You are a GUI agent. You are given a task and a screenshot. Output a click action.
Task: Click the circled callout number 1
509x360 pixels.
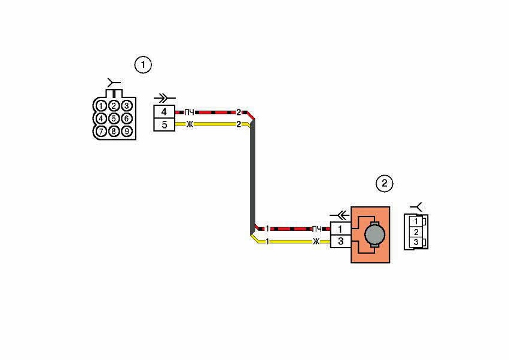pos(143,65)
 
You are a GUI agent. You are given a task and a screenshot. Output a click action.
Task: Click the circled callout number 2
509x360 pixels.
pos(385,184)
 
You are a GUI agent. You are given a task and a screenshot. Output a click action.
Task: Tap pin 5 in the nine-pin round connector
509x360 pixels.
pos(114,118)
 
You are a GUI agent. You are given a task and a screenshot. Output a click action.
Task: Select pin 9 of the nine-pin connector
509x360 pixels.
pos(127,131)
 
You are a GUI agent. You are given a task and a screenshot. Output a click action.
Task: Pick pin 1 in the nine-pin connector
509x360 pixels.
pos(101,106)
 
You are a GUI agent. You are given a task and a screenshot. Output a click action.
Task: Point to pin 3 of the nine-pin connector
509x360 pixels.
pos(127,106)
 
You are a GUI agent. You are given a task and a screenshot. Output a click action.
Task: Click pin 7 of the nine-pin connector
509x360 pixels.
pos(101,131)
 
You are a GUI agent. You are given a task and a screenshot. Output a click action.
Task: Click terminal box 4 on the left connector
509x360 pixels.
pos(164,112)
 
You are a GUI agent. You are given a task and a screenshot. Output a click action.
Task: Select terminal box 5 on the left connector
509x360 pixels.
pos(164,124)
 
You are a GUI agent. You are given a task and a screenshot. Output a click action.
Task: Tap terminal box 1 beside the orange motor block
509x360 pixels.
pos(340,229)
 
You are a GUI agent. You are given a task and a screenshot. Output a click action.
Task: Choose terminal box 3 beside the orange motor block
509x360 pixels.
pos(340,242)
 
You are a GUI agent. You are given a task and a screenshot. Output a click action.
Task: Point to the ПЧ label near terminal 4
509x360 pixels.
pos(189,112)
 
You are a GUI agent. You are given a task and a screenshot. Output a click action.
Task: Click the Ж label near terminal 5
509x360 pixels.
pos(189,124)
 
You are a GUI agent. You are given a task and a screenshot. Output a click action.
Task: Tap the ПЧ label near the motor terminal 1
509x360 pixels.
pos(316,229)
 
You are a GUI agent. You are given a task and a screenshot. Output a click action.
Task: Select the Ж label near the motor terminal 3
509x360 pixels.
pos(316,241)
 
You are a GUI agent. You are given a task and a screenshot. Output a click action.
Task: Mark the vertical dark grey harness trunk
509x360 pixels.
pos(252,177)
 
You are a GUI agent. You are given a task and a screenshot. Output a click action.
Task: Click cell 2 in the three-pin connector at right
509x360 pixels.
pos(416,232)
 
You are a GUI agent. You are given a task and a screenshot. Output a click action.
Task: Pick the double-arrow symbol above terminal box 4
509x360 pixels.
pos(164,97)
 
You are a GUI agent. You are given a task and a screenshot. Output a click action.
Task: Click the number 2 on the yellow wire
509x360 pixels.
pos(239,124)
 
